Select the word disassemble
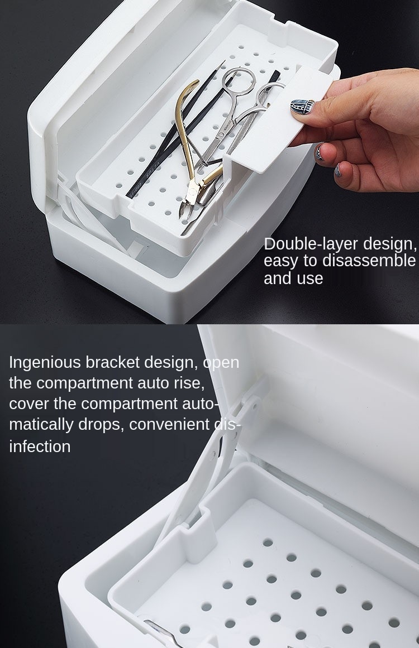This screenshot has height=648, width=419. (369, 261)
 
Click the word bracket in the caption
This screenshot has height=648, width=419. (112, 362)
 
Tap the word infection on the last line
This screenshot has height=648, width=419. (40, 447)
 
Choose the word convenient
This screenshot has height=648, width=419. (169, 424)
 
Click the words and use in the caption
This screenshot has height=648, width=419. (293, 278)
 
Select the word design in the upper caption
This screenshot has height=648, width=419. (389, 244)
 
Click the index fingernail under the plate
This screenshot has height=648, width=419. (320, 152)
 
